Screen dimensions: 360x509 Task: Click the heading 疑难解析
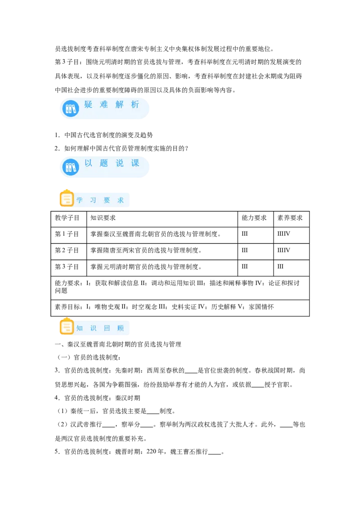(112, 104)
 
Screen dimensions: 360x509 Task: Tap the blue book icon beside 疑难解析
(71, 108)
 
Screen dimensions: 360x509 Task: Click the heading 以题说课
(112, 163)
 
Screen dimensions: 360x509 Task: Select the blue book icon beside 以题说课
(71, 167)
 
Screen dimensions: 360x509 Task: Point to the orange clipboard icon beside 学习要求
(67, 198)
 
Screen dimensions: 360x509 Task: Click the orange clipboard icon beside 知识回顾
(67, 326)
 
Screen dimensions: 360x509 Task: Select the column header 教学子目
(67, 218)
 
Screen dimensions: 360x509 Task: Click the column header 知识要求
(103, 218)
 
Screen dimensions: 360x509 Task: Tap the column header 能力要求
(254, 218)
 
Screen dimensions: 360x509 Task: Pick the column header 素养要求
(290, 218)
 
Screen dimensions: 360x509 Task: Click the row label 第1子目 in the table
(67, 234)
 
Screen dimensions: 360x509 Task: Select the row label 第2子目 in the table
(67, 250)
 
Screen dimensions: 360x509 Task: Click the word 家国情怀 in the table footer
(261, 307)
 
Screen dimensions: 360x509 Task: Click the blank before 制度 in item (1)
(153, 411)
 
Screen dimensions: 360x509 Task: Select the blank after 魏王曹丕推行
(215, 452)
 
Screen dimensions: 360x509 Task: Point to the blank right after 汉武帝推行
(108, 425)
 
